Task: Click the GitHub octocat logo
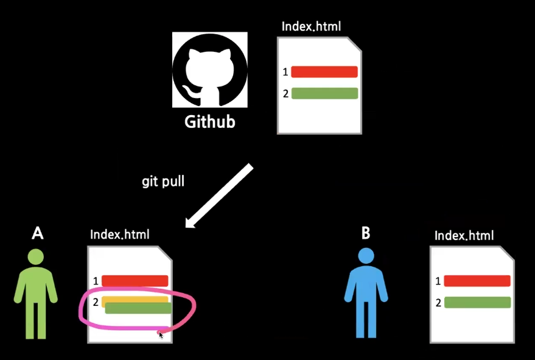coord(209,71)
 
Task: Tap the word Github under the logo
coord(209,122)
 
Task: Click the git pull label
coord(163,182)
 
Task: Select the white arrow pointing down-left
coord(219,196)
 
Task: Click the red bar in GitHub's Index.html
coord(324,72)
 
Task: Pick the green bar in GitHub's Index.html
coord(324,93)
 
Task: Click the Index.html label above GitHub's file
coord(311,26)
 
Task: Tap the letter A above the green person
coord(38,233)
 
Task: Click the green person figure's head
coord(36,256)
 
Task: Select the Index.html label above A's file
coord(120,234)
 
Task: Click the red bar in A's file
coord(135,281)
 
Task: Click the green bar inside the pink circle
coord(138,309)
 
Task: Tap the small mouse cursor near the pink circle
coord(161,334)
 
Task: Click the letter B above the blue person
coord(366,233)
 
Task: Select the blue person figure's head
coord(366,256)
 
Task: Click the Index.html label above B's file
coord(464,235)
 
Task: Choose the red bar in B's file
coord(477,281)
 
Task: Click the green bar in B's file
coord(477,302)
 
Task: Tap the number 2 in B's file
coord(438,303)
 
